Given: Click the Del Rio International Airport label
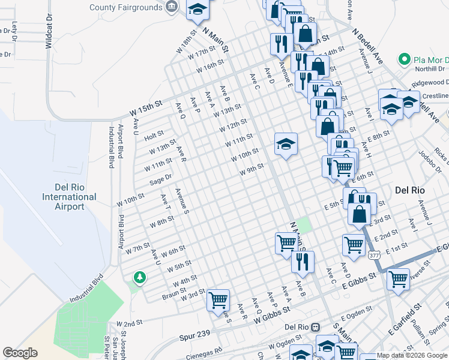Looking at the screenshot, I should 69,197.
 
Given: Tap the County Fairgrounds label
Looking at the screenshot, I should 126,7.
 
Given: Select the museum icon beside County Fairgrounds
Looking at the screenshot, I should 172,7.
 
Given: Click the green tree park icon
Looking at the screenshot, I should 139,277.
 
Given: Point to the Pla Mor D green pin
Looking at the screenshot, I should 403,60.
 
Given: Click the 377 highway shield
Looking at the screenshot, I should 374,255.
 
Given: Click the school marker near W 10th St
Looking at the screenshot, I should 286,144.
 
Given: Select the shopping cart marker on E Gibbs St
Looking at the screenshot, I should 399,279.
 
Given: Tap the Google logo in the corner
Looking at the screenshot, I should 20,353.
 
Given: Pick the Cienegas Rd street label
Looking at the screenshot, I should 204,352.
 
